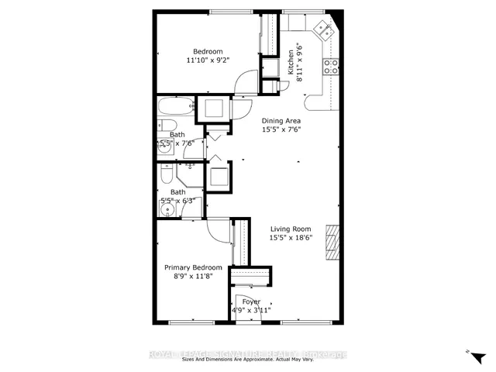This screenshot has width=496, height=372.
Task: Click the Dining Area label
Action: click(281, 121)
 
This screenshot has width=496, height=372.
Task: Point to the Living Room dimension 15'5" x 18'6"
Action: click(291, 239)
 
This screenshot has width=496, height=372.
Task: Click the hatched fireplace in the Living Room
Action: click(332, 242)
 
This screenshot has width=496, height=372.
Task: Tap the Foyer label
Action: click(251, 301)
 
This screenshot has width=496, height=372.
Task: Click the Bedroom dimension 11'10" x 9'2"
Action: click(208, 60)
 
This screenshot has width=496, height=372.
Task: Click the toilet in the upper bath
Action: click(168, 127)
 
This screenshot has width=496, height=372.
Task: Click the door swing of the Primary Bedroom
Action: click(219, 229)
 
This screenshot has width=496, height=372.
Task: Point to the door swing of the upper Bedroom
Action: click(246, 81)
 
